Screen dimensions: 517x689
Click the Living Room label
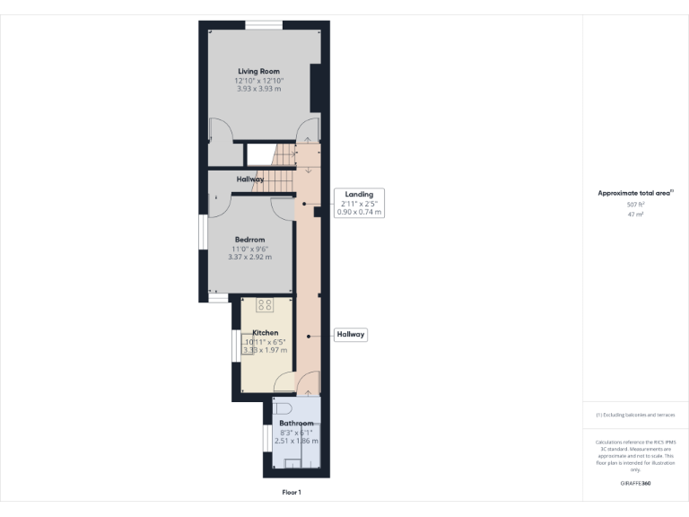pos(258,71)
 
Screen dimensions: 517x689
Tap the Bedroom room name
pos(249,240)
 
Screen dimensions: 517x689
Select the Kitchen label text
pos(265,332)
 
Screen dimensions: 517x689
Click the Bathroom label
pos(296,423)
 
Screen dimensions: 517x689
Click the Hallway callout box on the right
pos(351,335)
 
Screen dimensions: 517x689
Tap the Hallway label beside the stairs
pos(250,180)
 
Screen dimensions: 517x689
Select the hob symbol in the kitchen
pos(265,305)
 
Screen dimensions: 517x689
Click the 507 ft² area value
pos(636,206)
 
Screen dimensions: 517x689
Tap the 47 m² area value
pos(636,215)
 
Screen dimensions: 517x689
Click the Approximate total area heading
pos(635,193)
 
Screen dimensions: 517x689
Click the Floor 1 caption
pos(292,492)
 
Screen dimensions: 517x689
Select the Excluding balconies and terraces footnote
pos(635,415)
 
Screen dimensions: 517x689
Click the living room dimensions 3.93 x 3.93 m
pos(258,88)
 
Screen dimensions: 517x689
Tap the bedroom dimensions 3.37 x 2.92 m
pos(250,257)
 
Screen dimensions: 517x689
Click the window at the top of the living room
pos(262,24)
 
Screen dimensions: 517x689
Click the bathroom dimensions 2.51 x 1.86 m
pos(296,441)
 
